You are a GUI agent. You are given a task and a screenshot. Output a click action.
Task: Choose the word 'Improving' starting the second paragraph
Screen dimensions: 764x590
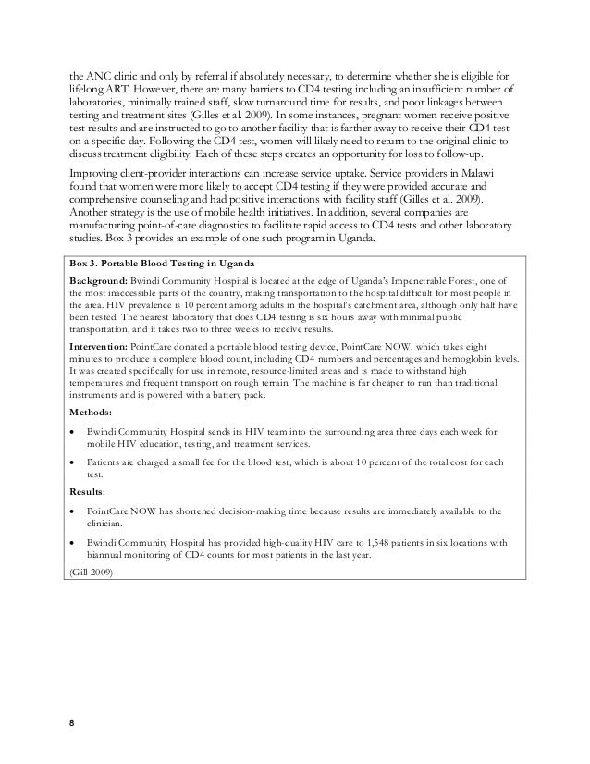(x=98, y=180)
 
